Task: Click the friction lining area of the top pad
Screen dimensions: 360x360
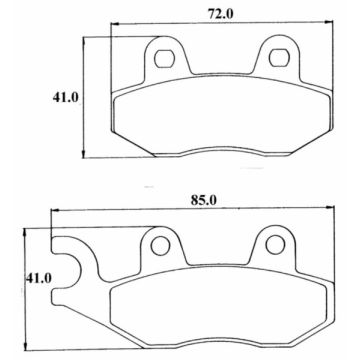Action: (x=220, y=115)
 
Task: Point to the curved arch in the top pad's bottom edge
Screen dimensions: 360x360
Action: (x=220, y=150)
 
